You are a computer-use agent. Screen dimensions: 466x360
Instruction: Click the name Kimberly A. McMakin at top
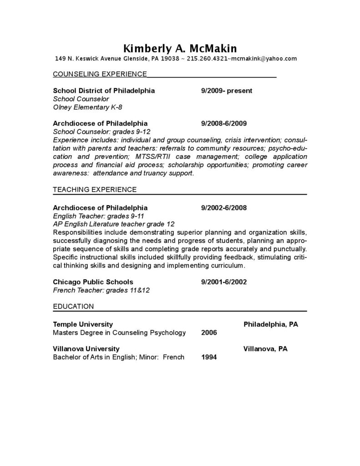(x=180, y=48)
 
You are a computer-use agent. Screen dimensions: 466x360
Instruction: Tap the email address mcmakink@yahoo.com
(x=264, y=59)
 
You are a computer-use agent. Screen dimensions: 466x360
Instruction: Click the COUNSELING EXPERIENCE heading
(x=100, y=74)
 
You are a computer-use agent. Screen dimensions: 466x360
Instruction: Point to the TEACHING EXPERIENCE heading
(x=95, y=189)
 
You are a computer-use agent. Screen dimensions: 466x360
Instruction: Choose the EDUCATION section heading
(x=73, y=306)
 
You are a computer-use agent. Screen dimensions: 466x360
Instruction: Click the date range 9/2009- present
(x=226, y=91)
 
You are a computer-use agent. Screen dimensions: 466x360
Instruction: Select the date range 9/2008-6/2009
(x=223, y=123)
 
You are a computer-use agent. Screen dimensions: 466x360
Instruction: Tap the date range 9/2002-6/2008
(x=223, y=208)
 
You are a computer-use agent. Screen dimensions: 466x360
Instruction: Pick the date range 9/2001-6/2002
(x=223, y=282)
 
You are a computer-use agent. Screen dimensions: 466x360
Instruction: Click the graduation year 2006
(x=209, y=333)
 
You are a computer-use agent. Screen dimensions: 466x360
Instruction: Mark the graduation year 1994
(x=209, y=357)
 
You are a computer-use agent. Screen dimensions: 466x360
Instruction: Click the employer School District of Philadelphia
(x=104, y=91)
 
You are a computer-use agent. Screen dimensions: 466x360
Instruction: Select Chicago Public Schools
(x=93, y=282)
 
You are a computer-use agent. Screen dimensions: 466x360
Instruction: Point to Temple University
(x=83, y=324)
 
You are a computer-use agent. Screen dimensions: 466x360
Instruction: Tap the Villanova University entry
(x=86, y=349)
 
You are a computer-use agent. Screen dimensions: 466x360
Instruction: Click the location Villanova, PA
(x=265, y=349)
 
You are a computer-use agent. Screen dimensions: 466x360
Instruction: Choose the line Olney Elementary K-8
(x=87, y=107)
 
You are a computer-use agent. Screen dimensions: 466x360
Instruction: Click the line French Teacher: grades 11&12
(x=101, y=290)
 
